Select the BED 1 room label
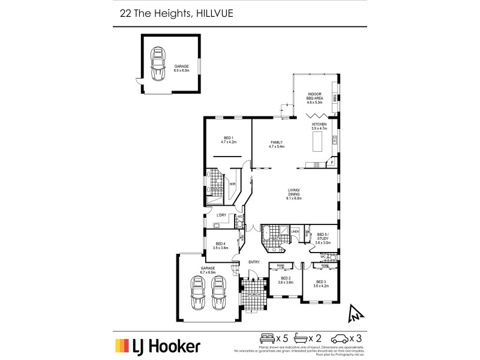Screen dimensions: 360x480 [x=228, y=140]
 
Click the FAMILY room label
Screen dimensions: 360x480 [x=277, y=143]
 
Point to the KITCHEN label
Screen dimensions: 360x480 [x=319, y=126]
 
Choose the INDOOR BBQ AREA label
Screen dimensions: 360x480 [x=315, y=97]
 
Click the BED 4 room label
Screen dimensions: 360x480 [x=221, y=245]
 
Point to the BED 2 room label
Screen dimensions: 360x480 [x=286, y=279]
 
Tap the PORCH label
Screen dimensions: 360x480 [x=253, y=295]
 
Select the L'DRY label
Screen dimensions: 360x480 [x=221, y=215]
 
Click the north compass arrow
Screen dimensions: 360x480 [x=355, y=312]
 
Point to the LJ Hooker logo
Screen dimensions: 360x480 [x=158, y=345]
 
